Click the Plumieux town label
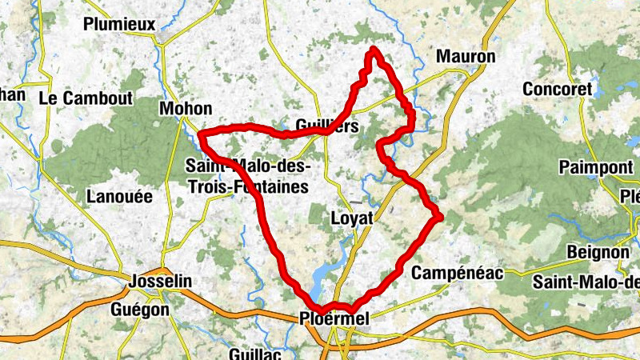click(119, 24)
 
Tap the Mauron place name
click(466, 57)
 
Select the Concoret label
click(557, 89)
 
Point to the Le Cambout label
click(86, 98)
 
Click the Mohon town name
click(186, 109)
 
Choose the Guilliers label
click(326, 126)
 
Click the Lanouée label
click(118, 197)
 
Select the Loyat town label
click(353, 218)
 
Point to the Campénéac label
click(457, 274)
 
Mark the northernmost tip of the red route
click(373, 51)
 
